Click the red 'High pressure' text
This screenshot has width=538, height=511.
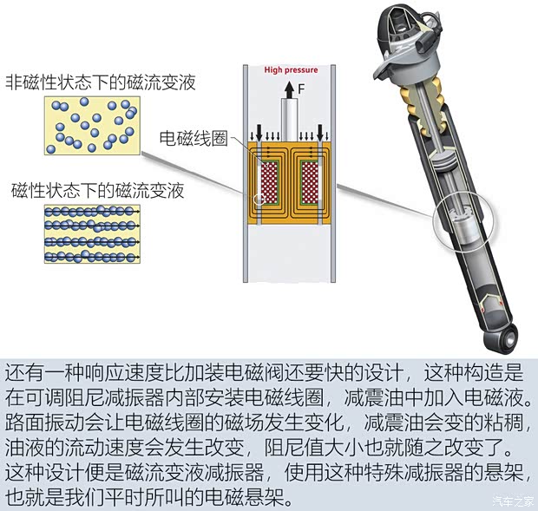pos(291,70)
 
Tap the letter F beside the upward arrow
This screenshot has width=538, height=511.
pos(301,89)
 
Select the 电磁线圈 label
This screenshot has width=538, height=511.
pos(194,138)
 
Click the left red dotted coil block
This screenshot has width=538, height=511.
pos(269,183)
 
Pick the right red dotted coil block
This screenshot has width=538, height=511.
pos(310,183)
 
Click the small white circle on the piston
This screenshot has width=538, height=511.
pos(259,199)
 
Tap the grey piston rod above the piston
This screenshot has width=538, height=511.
pos(289,120)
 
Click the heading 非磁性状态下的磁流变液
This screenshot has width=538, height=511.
pos(101,82)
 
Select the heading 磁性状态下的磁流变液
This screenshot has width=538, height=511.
pos(98,190)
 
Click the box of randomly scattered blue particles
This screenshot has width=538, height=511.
pos(92,126)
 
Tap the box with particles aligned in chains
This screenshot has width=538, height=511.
pos(92,234)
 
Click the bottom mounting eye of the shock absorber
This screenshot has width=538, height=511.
pos(502,340)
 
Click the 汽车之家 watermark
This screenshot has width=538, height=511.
pos(513,501)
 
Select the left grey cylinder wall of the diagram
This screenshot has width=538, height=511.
pos(246,174)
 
